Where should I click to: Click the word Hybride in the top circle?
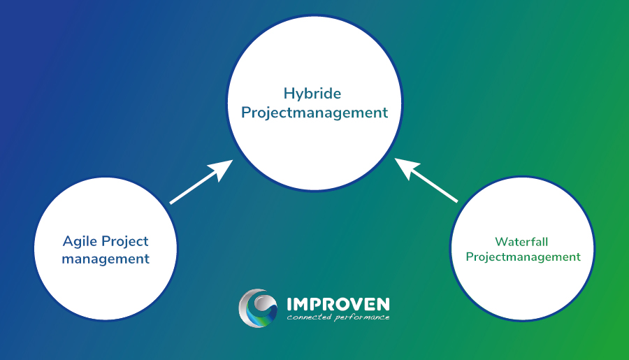coord(312,94)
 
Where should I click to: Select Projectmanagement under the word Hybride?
coord(314,112)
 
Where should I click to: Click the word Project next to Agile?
coord(126,242)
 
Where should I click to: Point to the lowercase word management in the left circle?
coord(106,259)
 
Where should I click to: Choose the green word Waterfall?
coord(521,242)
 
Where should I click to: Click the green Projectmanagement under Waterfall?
coord(523,257)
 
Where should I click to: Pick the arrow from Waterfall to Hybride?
coord(426,181)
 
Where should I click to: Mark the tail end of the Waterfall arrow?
coord(456,201)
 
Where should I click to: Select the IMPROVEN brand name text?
coord(338,304)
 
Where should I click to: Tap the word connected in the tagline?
coord(308,318)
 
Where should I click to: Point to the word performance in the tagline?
coord(361,318)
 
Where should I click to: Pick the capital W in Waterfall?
coord(500,242)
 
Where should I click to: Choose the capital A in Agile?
coord(68,242)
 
